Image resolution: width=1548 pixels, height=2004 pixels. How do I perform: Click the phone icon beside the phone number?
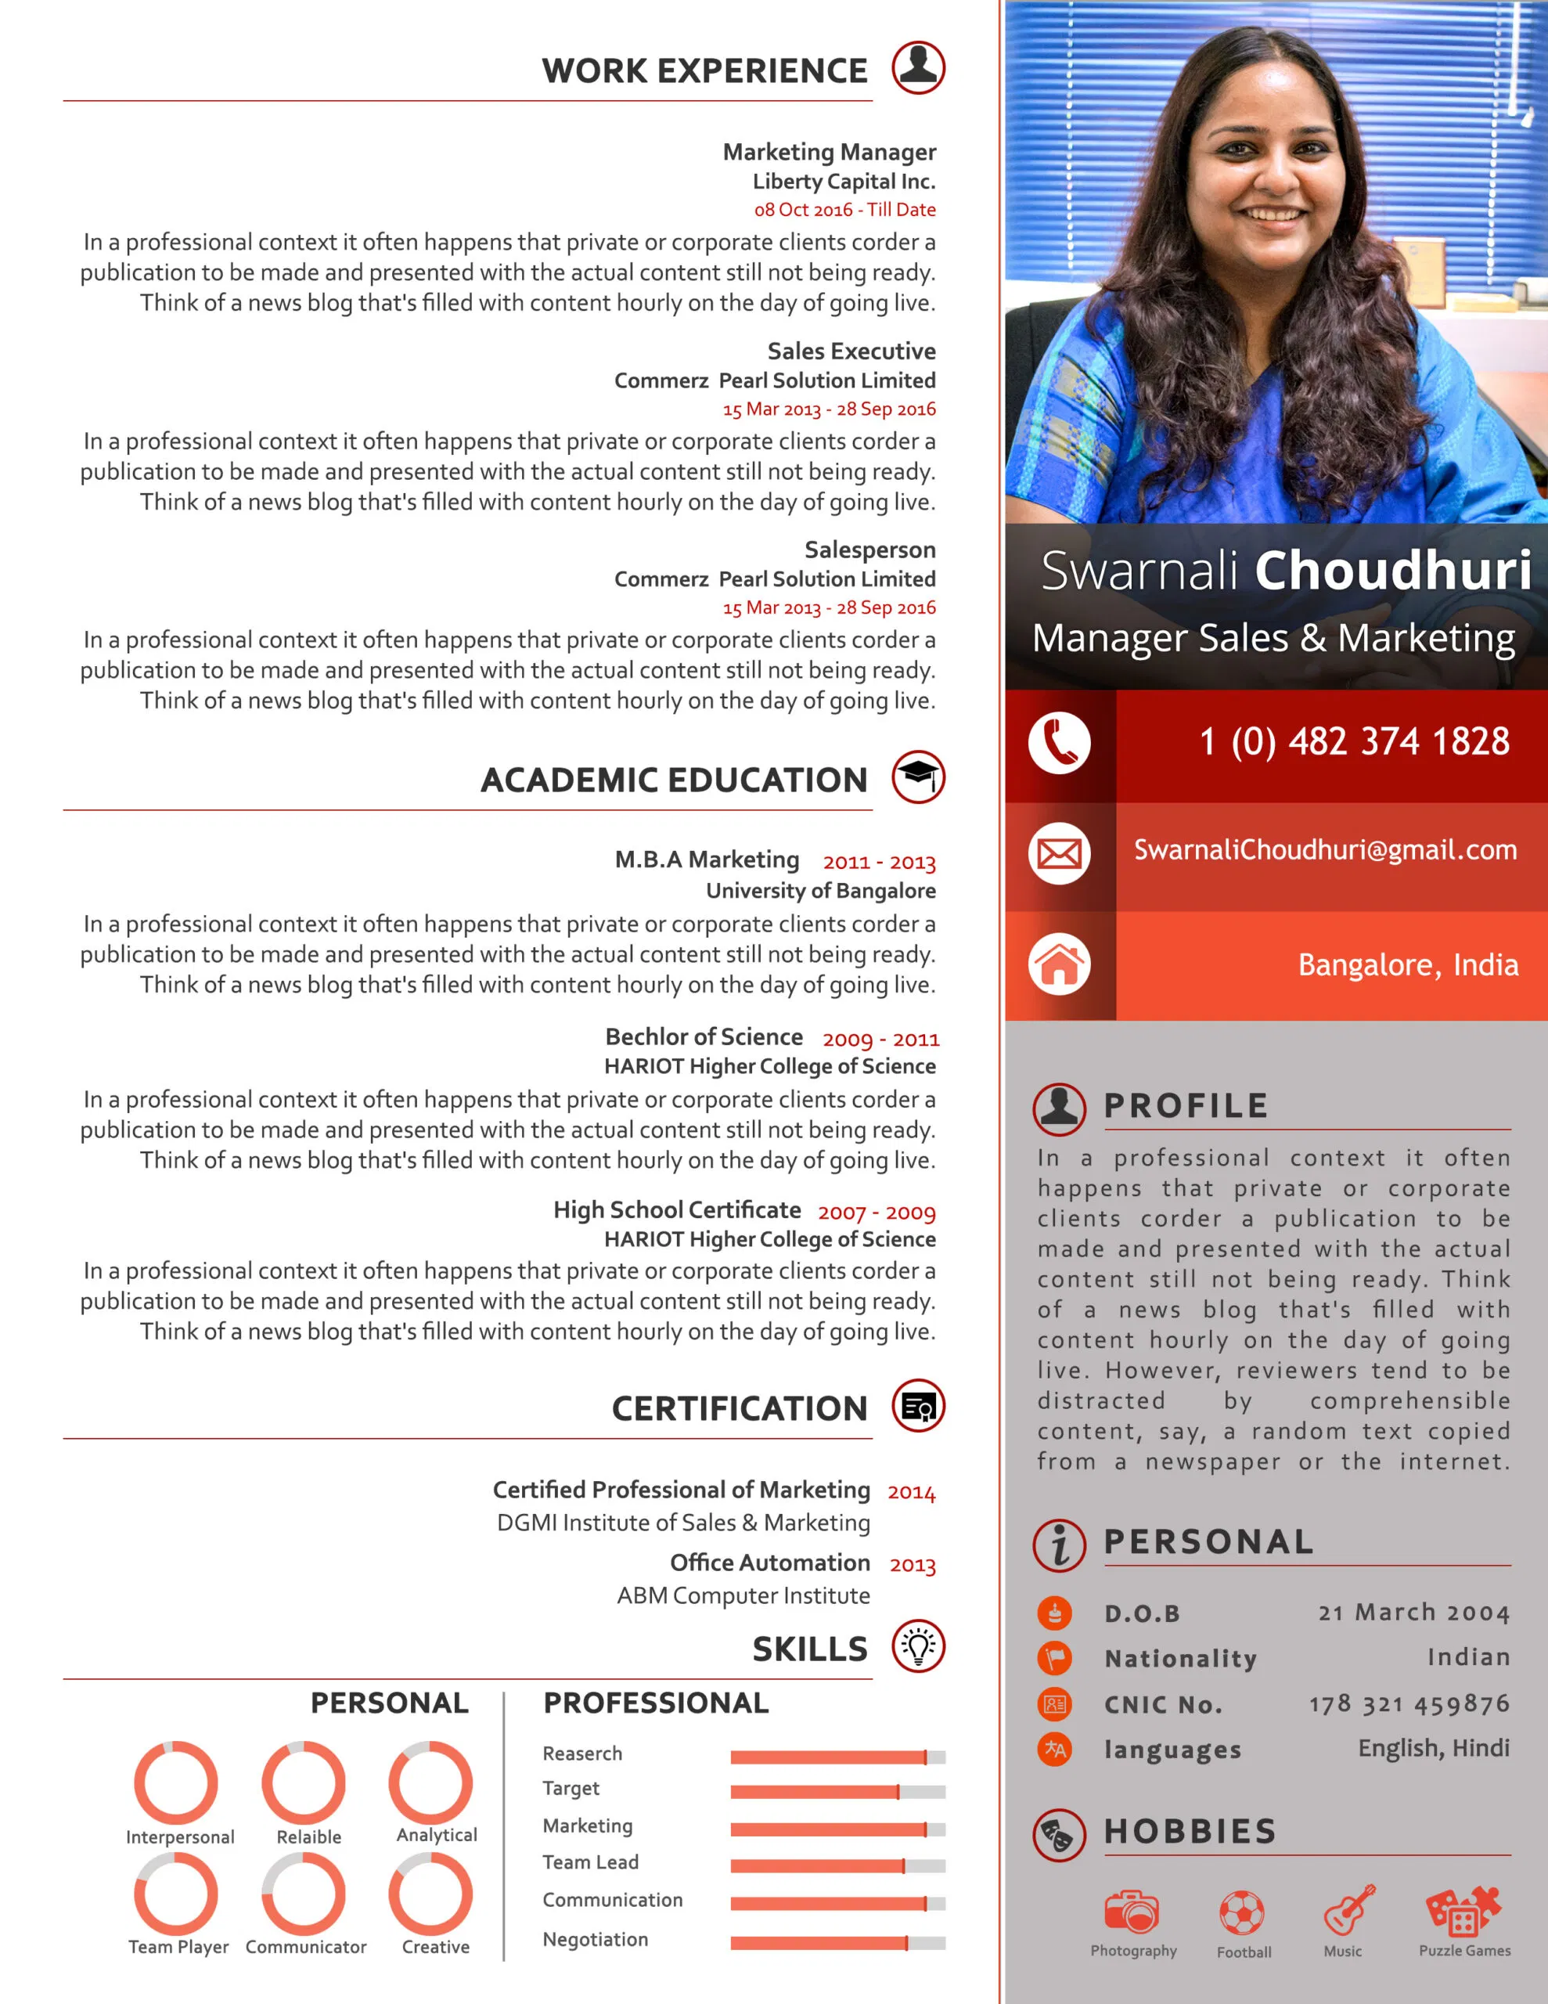tap(1059, 742)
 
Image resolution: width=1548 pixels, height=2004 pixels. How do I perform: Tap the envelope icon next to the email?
tap(1059, 854)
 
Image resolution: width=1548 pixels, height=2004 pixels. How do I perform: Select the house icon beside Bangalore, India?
tap(1059, 964)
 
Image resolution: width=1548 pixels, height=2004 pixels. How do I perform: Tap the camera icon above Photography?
tap(1132, 1912)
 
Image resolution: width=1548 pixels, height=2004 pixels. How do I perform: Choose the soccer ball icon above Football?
tap(1241, 1913)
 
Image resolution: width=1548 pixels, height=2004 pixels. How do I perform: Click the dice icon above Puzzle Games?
tap(1463, 1910)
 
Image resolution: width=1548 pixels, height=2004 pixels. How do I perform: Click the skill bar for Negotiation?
tap(837, 1942)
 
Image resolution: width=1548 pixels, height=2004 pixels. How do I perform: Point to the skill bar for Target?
tap(837, 1791)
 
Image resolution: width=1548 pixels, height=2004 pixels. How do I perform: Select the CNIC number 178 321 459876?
tap(1409, 1704)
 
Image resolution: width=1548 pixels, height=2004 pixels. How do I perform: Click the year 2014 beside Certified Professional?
tap(911, 1492)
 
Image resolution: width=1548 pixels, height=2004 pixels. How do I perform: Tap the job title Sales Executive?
tap(851, 351)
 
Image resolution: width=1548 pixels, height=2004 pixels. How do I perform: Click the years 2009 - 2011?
tap(880, 1040)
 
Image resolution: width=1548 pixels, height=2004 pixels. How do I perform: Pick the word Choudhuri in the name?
tap(1392, 570)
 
